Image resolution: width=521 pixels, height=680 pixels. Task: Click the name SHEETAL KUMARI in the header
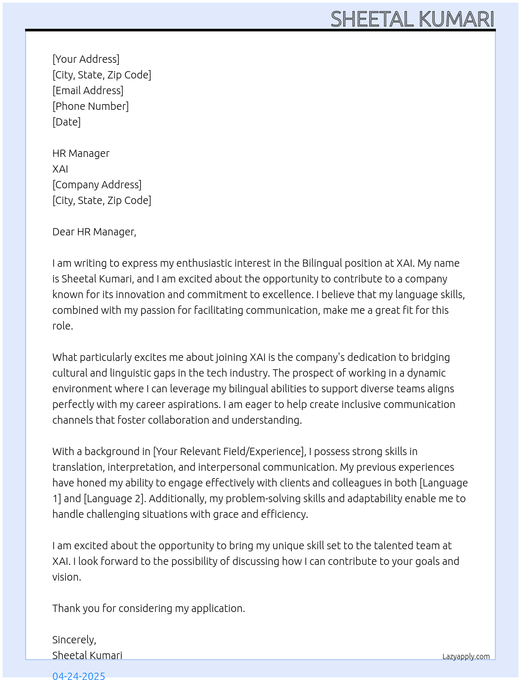[x=412, y=19]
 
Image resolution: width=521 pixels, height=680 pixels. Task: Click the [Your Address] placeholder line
[x=86, y=59]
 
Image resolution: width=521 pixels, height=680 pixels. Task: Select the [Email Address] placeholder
[x=88, y=90]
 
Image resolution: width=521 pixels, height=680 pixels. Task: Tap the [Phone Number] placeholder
[x=90, y=106]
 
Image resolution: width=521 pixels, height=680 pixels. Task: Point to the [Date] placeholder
[x=66, y=122]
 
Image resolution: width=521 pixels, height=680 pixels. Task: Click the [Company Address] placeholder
[x=97, y=185]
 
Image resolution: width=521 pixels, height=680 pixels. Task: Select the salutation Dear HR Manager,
[x=94, y=232]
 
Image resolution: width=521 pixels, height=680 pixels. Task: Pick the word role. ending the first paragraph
[x=63, y=326]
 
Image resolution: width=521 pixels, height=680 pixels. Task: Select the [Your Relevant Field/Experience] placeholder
[x=229, y=451]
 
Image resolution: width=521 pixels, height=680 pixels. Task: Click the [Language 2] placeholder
[x=114, y=498]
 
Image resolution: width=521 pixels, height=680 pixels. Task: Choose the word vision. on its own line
[x=66, y=577]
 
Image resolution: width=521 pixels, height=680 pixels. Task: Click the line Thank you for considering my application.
[x=149, y=608]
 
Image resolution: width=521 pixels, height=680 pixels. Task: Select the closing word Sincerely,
[x=74, y=640]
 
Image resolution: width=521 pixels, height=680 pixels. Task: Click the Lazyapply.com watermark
[x=466, y=656]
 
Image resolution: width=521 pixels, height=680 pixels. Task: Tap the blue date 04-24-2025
[x=78, y=675]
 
